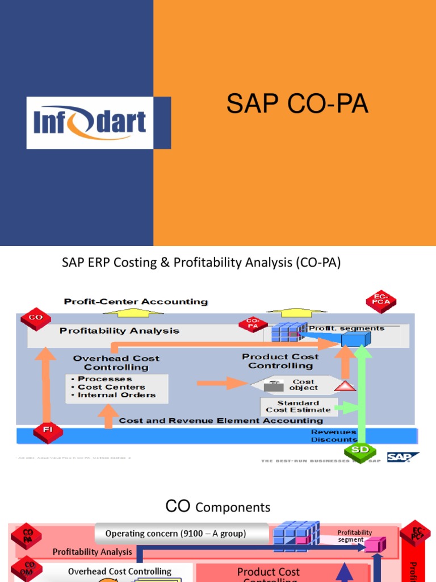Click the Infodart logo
pyautogui.click(x=90, y=123)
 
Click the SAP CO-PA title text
pyautogui.click(x=297, y=105)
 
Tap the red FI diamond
pyautogui.click(x=47, y=431)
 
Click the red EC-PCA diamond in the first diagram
pyautogui.click(x=381, y=302)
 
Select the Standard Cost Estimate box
pyautogui.click(x=297, y=406)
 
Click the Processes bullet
pyautogui.click(x=104, y=379)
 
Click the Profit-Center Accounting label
pyautogui.click(x=136, y=301)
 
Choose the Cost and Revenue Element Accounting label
pyautogui.click(x=221, y=421)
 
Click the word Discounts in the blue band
pyautogui.click(x=334, y=439)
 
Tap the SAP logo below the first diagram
pyautogui.click(x=403, y=458)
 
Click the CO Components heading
pyautogui.click(x=217, y=507)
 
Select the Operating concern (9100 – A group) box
pyautogui.click(x=175, y=534)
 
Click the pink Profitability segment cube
pyautogui.click(x=371, y=545)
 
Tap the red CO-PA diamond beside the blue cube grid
pyautogui.click(x=249, y=325)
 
